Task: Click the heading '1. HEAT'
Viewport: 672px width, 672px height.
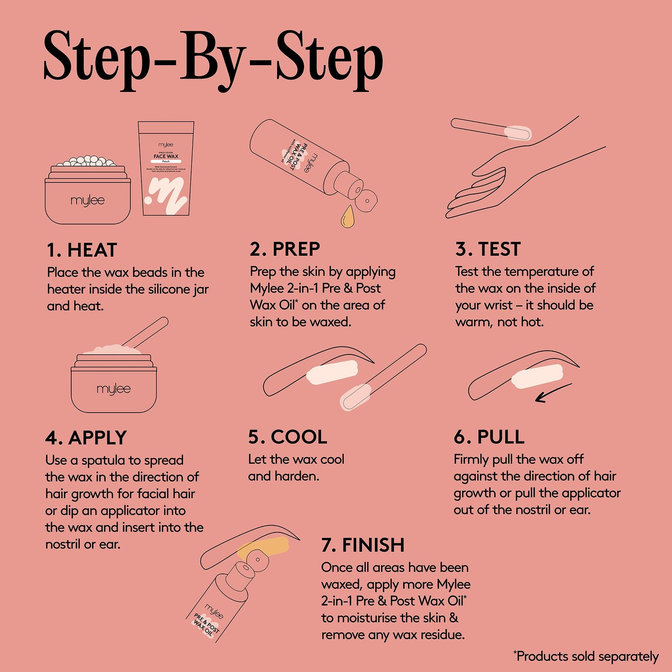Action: tap(82, 250)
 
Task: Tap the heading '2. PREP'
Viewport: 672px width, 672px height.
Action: tap(285, 249)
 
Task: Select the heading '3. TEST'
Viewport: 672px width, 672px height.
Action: tap(488, 249)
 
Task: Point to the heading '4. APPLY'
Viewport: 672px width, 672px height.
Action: tap(86, 438)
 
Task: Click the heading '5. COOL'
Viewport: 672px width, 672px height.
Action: tap(287, 437)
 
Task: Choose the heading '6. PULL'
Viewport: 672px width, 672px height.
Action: tap(489, 437)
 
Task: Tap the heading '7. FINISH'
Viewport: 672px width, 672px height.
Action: tap(363, 545)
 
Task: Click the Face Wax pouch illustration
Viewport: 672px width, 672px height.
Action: tap(166, 168)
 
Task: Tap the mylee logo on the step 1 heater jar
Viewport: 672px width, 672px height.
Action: tap(87, 200)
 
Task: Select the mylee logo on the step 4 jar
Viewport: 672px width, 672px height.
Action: tap(113, 389)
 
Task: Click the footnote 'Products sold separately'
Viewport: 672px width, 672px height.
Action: tap(587, 656)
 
